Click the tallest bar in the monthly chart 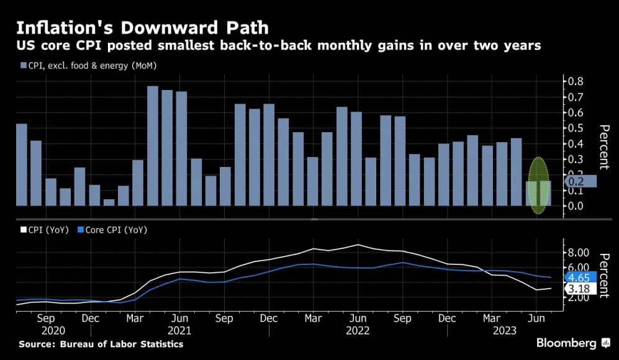pyautogui.click(x=153, y=146)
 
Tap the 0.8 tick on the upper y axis pyautogui.click(x=574, y=81)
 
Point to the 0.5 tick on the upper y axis pyautogui.click(x=574, y=128)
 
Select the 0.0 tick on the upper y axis pyautogui.click(x=574, y=205)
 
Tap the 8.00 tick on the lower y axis pyautogui.click(x=578, y=253)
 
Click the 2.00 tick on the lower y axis pyautogui.click(x=578, y=298)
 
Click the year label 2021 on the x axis pyautogui.click(x=179, y=331)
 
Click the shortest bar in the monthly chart pyautogui.click(x=109, y=202)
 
